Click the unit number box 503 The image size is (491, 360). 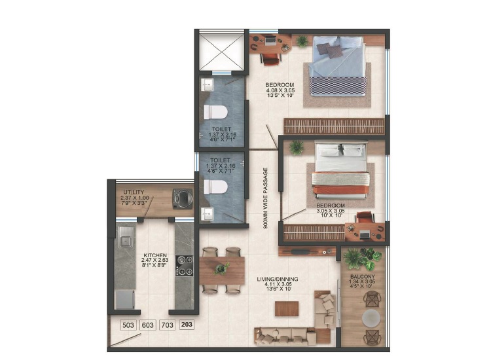128,325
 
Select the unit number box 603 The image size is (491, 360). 148,325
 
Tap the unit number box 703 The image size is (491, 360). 167,325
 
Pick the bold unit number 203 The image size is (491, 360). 187,324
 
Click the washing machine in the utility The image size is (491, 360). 183,198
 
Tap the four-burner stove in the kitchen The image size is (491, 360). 184,266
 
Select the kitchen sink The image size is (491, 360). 126,236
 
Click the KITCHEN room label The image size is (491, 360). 155,255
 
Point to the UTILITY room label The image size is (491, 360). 134,192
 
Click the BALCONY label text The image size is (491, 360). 363,277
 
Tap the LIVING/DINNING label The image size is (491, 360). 278,279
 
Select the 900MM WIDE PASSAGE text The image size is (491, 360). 266,198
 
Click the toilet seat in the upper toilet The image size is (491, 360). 215,112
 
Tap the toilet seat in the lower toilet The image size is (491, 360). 215,187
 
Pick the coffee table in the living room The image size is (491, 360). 287,309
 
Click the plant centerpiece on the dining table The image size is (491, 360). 222,268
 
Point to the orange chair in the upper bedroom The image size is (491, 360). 270,59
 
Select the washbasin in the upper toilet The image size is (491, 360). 207,84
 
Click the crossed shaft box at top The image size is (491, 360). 222,52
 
